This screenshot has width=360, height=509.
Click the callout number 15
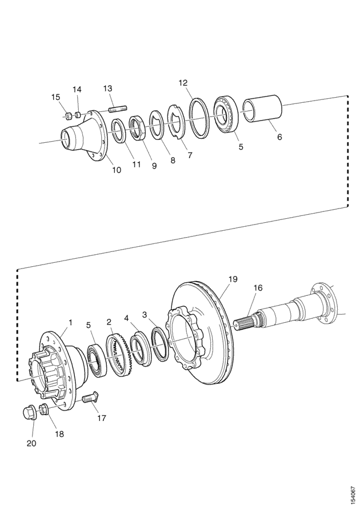[x=56, y=97]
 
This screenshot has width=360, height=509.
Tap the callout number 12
[x=183, y=83]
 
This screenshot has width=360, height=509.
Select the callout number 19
[x=233, y=279]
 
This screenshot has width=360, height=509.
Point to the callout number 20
[x=31, y=443]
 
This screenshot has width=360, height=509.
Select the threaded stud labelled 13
[x=118, y=109]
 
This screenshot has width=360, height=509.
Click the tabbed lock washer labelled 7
[x=177, y=122]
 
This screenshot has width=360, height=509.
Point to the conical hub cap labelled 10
[x=84, y=133]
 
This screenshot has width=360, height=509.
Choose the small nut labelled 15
[x=68, y=115]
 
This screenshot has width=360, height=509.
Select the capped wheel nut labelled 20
[x=30, y=414]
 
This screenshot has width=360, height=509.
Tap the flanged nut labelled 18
[x=44, y=410]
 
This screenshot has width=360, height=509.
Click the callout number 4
[x=127, y=318]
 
